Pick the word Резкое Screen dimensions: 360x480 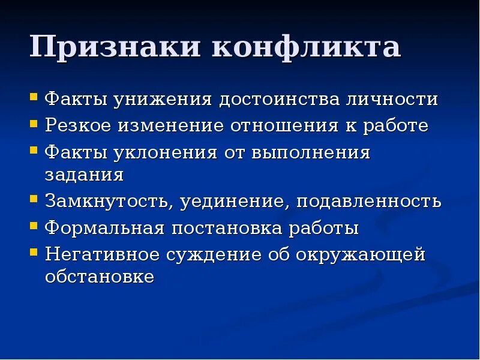pos(77,126)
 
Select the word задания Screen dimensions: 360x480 pos(84,175)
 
